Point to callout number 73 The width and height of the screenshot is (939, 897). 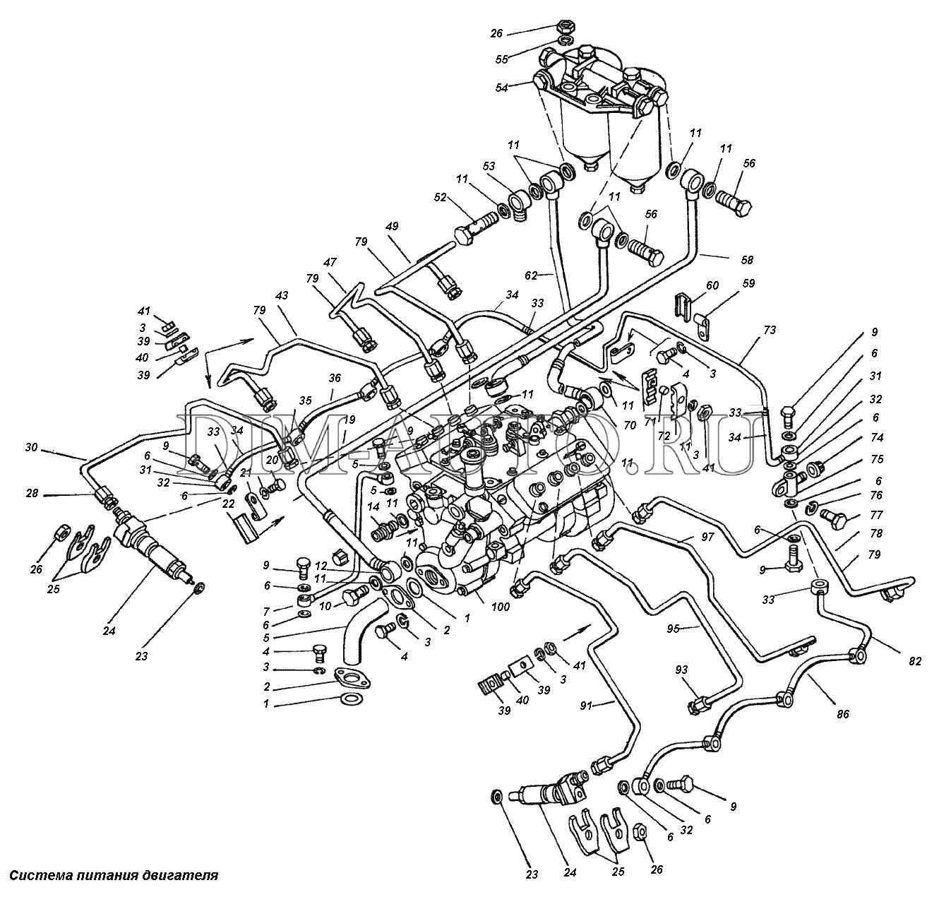point(768,331)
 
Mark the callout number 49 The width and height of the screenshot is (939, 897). point(392,227)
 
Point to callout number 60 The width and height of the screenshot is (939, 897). point(712,285)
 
